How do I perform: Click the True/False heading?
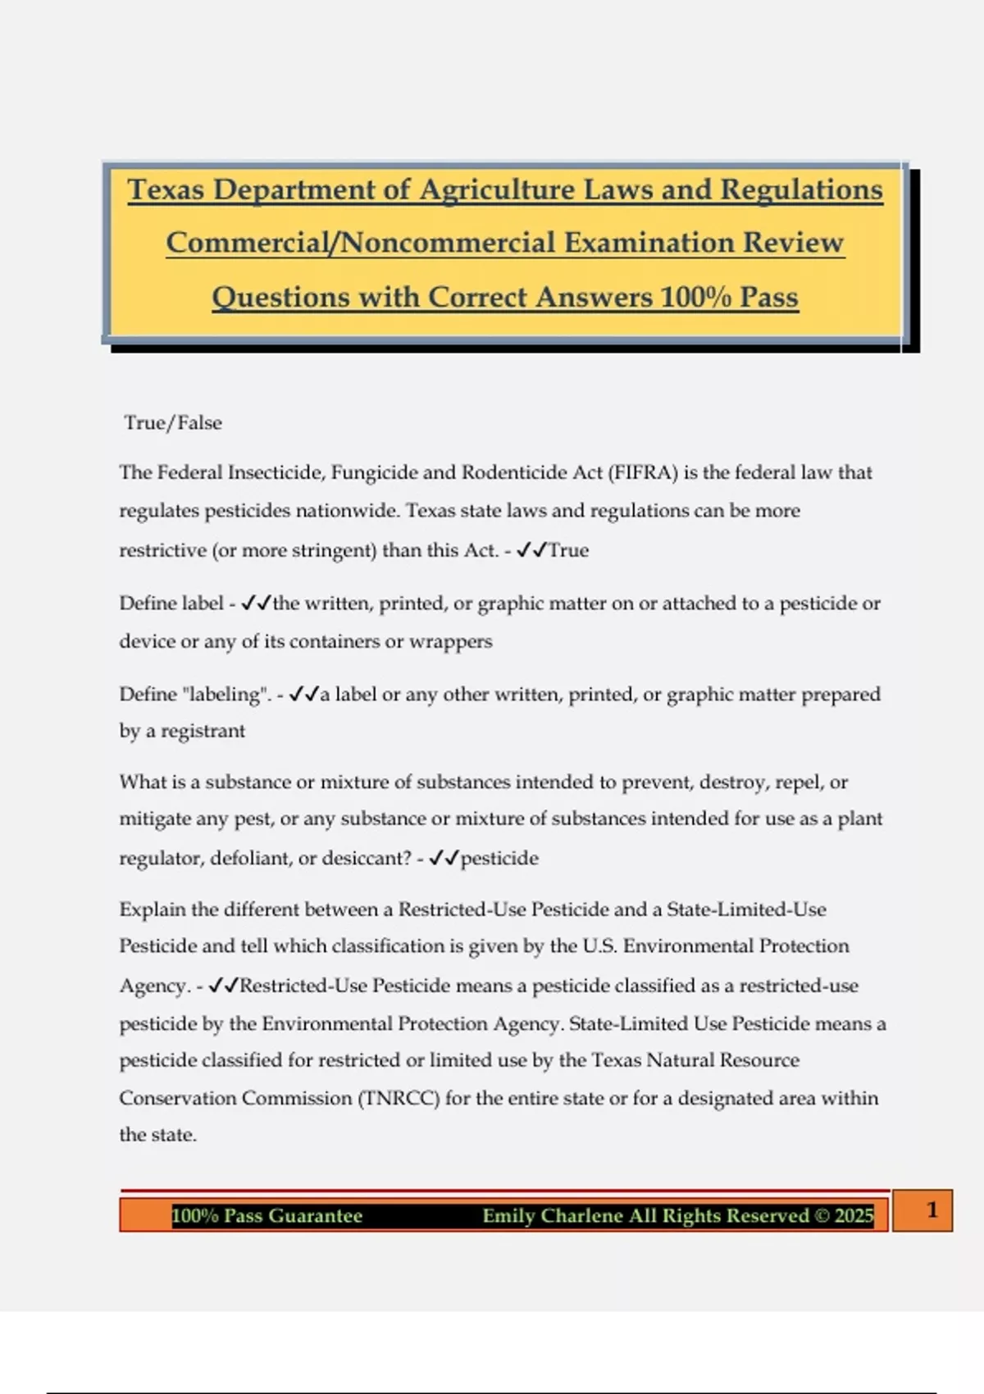click(173, 423)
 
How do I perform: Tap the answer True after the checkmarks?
click(568, 550)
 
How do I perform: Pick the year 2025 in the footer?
click(854, 1215)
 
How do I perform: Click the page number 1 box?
click(932, 1210)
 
